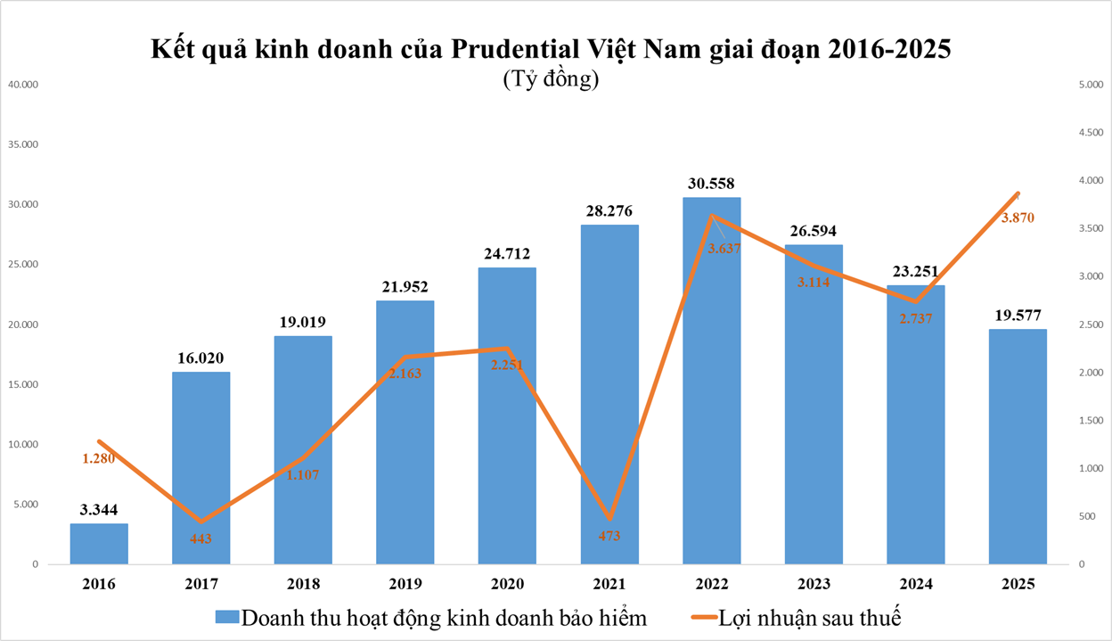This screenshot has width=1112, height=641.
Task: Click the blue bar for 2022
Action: coord(711,401)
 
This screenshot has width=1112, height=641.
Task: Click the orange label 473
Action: coord(609,536)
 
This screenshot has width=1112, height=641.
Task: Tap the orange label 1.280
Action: coord(99,458)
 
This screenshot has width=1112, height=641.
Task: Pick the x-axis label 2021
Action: coord(609,584)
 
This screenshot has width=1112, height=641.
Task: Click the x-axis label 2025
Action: coord(1018,584)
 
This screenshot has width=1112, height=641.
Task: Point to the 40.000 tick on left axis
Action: coord(22,85)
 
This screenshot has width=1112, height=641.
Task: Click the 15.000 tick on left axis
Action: coord(22,384)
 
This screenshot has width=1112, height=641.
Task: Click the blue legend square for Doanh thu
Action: coord(226,617)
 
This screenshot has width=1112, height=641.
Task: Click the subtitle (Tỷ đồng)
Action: coord(551,79)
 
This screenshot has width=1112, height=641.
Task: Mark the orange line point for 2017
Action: coord(200,522)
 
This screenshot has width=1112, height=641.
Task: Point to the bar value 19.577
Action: coord(1018,315)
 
